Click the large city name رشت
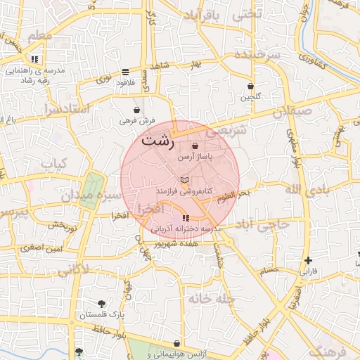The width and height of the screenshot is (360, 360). (x=157, y=140)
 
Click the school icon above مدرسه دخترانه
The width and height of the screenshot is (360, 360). (x=186, y=219)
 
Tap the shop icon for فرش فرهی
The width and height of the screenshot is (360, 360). (x=136, y=110)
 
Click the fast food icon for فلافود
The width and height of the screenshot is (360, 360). (x=125, y=72)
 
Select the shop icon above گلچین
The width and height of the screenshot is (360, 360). (x=250, y=86)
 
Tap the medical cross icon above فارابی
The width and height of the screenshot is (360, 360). (x=308, y=261)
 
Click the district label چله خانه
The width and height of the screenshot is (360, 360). (x=209, y=299)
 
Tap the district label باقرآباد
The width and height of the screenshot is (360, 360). (x=217, y=15)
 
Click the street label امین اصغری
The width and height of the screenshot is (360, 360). (x=41, y=247)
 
